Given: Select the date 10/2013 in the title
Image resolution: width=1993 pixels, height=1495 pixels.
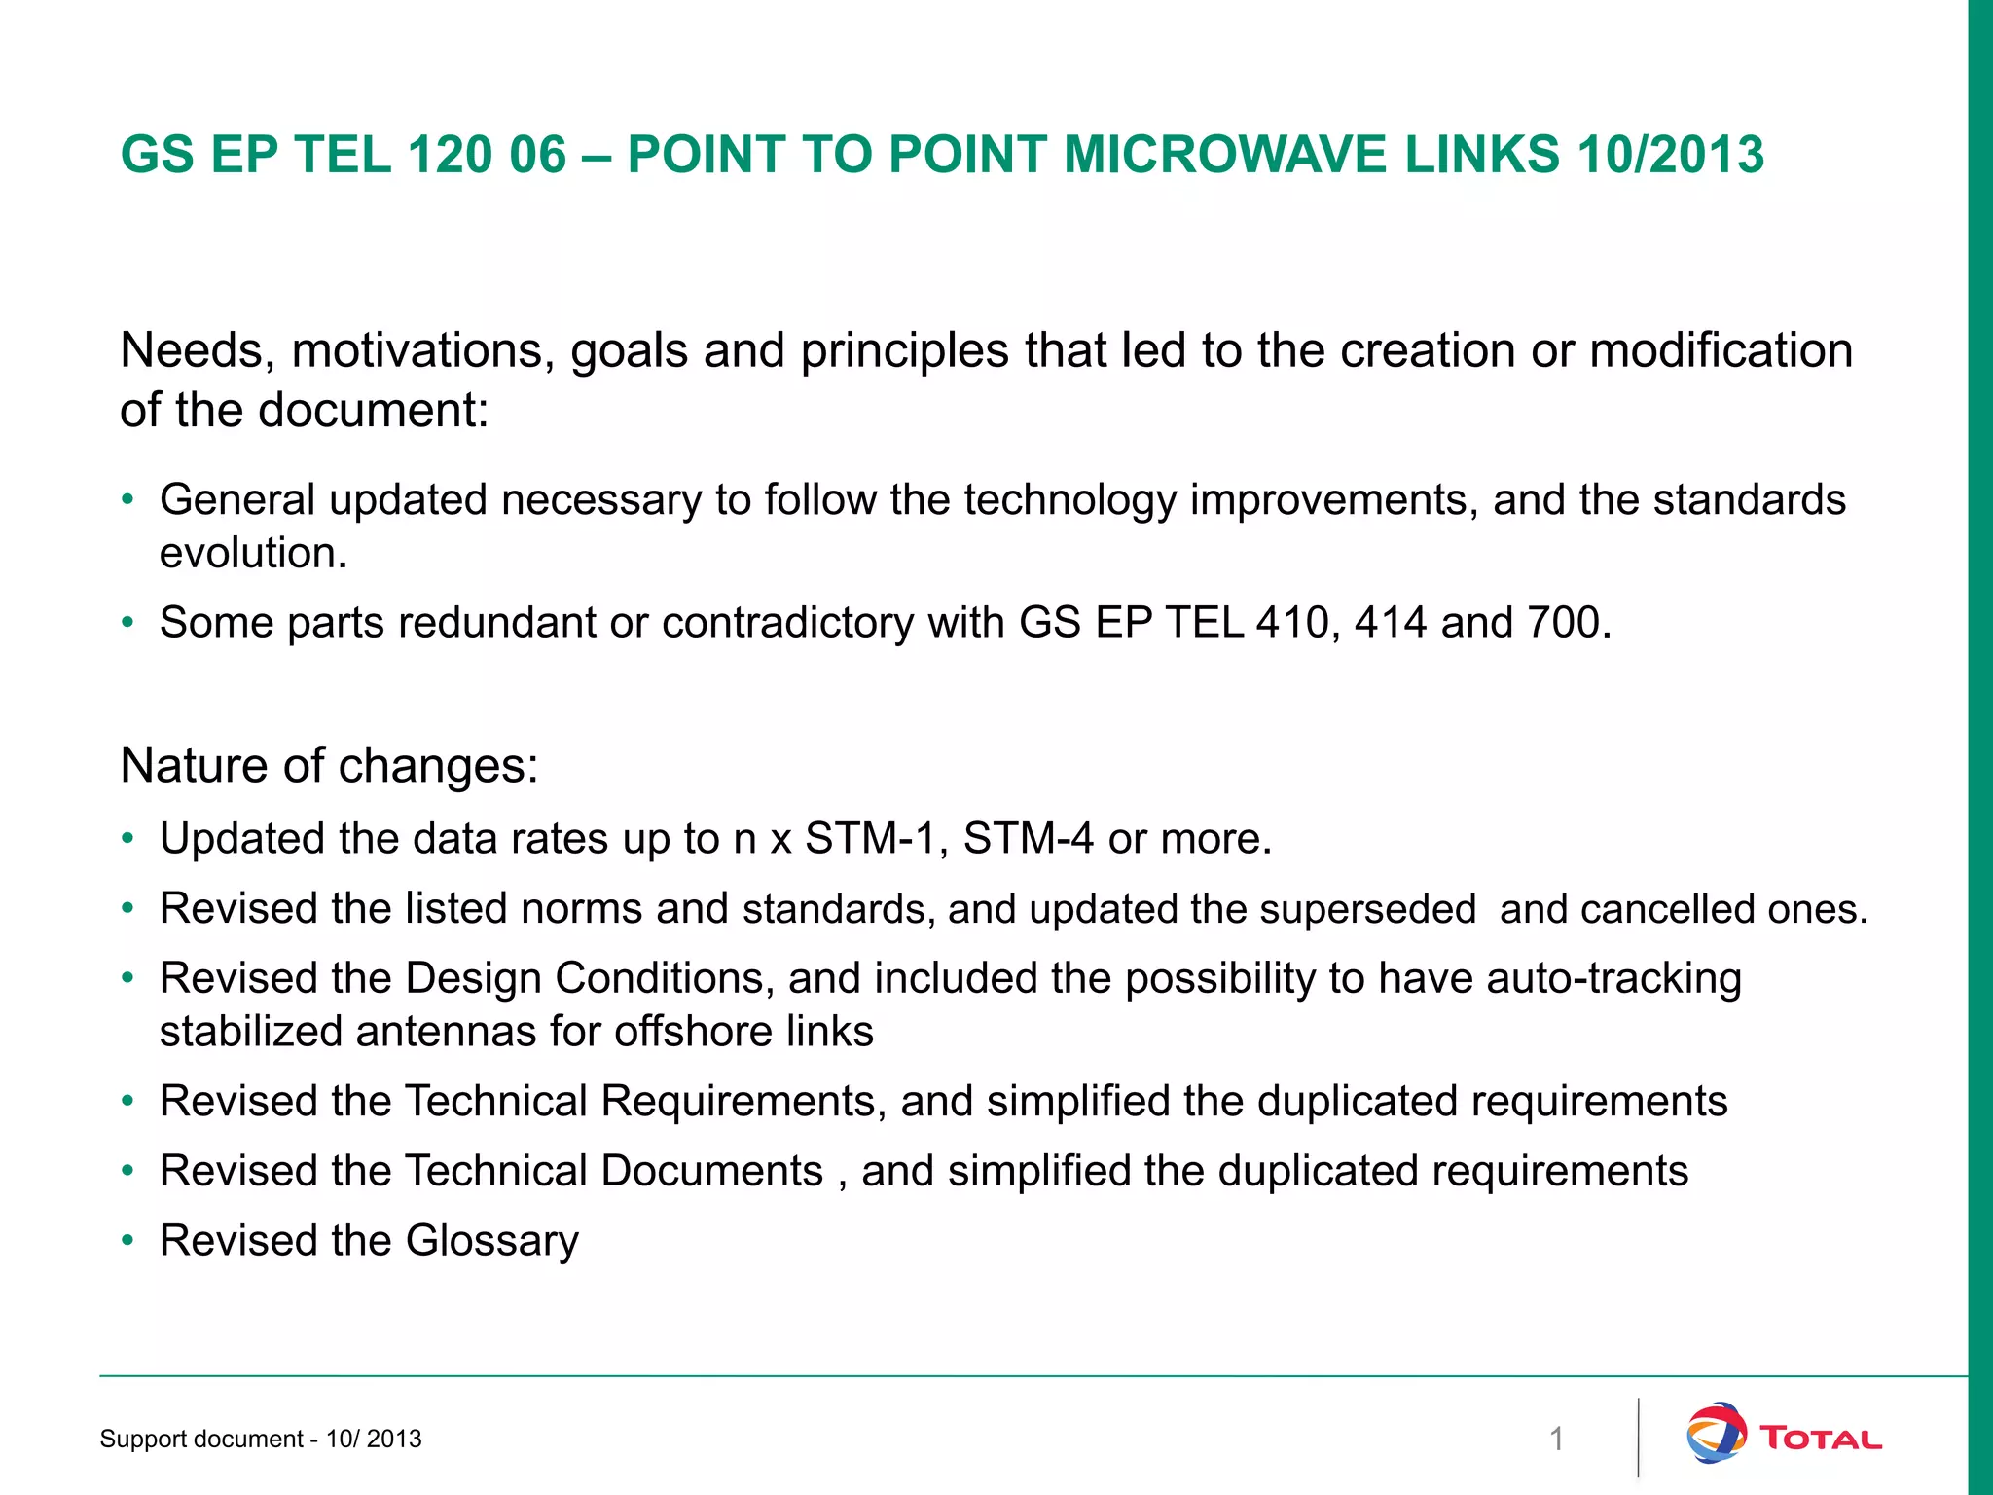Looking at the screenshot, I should tap(1670, 155).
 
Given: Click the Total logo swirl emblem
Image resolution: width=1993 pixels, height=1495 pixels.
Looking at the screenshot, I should tap(1716, 1433).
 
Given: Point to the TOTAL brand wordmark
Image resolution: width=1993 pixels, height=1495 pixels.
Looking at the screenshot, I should tap(1821, 1439).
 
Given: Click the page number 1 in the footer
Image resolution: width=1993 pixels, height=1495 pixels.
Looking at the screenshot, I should tap(1556, 1439).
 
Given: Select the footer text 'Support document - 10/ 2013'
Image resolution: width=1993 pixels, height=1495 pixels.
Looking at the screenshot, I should tap(261, 1439).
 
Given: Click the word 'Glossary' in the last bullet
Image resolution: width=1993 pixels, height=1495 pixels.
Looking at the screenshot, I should tap(491, 1241).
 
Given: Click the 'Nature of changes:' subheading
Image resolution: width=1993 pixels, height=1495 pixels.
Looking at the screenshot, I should tap(329, 765).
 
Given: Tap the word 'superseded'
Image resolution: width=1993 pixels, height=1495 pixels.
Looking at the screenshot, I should tap(1367, 909).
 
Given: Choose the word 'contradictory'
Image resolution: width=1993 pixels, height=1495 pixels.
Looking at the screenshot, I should tap(787, 623).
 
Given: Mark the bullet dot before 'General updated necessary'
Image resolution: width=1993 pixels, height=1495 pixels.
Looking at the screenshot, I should tap(127, 500).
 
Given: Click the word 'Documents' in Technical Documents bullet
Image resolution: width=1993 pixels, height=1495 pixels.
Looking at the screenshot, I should tap(712, 1171).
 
